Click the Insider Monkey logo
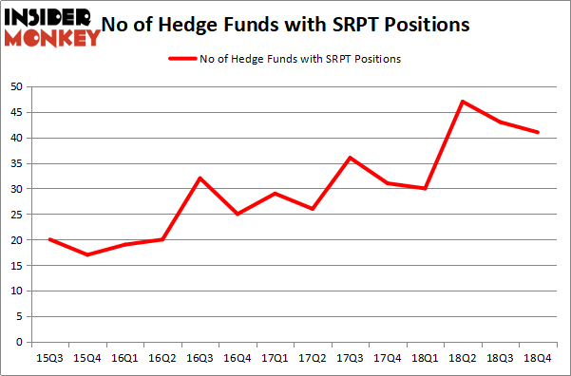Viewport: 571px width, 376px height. tap(52, 27)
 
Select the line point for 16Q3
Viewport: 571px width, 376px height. tap(200, 178)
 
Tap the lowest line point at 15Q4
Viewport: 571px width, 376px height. tap(87, 254)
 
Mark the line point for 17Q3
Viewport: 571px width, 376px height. tap(350, 158)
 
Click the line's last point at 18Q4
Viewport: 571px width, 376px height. tap(538, 132)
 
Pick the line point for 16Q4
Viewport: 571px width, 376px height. tap(238, 214)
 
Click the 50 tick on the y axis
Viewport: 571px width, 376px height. tap(16, 86)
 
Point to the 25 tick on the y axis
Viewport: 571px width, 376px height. tap(16, 215)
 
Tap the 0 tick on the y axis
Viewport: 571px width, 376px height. tap(19, 343)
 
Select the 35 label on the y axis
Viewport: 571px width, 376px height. tap(16, 163)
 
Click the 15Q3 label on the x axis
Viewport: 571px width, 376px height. tap(50, 360)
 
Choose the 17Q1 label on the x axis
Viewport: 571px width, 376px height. tap(275, 360)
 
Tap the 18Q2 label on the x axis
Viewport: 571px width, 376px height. tap(462, 360)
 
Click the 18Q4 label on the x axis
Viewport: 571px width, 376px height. tap(537, 360)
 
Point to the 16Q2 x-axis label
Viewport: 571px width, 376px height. tap(162, 360)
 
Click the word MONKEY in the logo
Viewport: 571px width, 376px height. tap(52, 38)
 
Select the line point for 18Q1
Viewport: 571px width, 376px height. tap(425, 188)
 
